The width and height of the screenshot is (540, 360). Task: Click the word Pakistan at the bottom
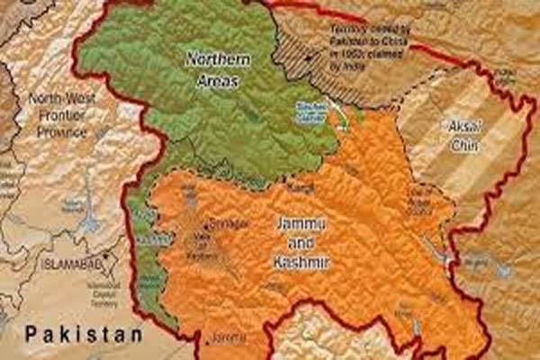coord(84,334)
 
